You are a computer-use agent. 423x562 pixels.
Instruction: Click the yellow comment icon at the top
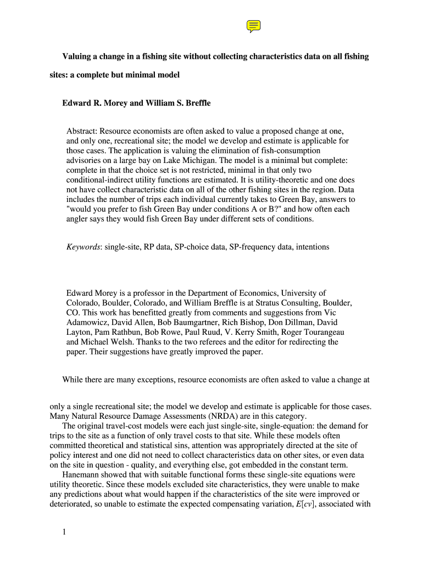(x=253, y=26)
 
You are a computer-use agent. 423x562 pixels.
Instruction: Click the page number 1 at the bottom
(x=64, y=531)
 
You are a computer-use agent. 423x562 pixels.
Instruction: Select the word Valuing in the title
(x=77, y=57)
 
